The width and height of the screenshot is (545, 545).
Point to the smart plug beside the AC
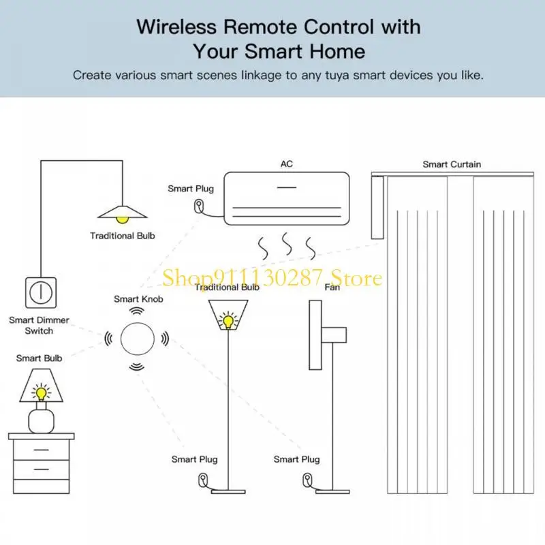click(x=198, y=206)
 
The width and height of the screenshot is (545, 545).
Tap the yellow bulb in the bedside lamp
click(x=41, y=392)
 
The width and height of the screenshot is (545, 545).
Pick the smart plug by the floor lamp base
click(x=203, y=480)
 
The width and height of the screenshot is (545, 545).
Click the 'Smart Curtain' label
click(x=451, y=164)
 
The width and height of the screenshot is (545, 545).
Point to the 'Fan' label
click(x=332, y=287)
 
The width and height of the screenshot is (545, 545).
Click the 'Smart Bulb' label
click(x=39, y=358)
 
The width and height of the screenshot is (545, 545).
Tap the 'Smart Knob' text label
click(x=138, y=298)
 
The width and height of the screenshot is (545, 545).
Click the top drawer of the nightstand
click(x=41, y=450)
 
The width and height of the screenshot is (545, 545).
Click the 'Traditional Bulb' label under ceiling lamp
click(x=123, y=236)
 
